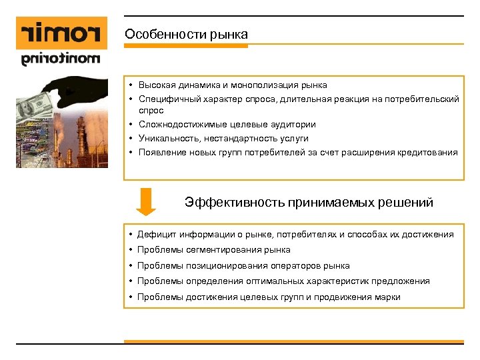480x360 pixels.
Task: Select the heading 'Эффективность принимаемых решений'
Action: (x=309, y=202)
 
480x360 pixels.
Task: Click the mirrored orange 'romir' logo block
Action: (x=61, y=33)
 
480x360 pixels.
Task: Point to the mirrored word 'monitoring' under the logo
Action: (x=61, y=59)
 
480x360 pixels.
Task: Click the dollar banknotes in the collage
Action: (x=33, y=105)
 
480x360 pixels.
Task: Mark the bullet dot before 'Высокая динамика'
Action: (x=133, y=85)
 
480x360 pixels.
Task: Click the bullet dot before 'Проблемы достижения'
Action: (x=131, y=297)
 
